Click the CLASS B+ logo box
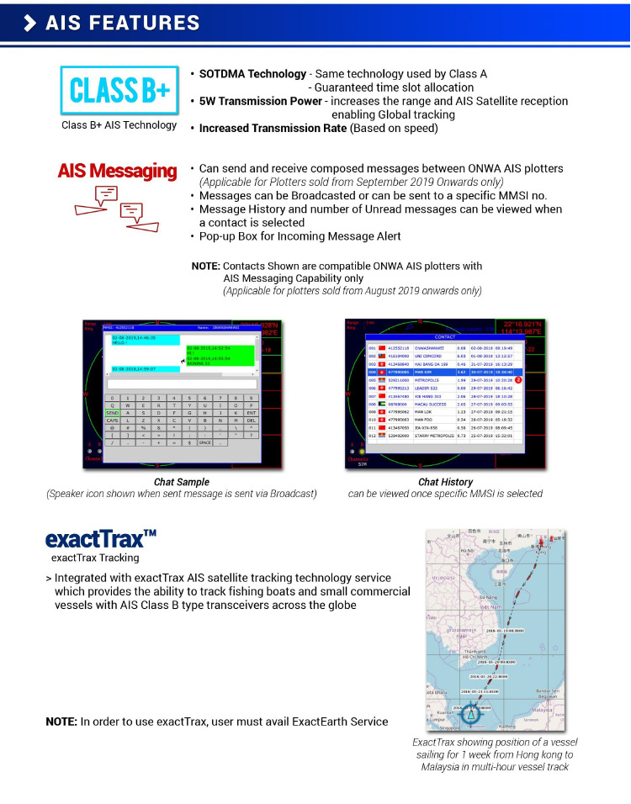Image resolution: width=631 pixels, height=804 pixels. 119,90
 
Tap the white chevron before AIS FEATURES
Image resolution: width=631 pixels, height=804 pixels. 29,23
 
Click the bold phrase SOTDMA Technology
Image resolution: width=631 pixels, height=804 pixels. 252,74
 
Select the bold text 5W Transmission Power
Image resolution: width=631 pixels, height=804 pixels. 260,101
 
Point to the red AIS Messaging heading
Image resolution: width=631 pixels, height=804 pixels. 117,172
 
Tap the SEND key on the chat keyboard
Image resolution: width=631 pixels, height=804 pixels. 112,412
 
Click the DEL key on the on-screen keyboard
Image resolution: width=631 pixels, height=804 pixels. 251,420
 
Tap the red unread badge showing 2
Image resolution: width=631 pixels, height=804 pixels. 518,380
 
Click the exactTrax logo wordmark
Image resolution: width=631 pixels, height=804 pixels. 101,538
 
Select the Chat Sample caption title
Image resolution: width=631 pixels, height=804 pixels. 182,482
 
